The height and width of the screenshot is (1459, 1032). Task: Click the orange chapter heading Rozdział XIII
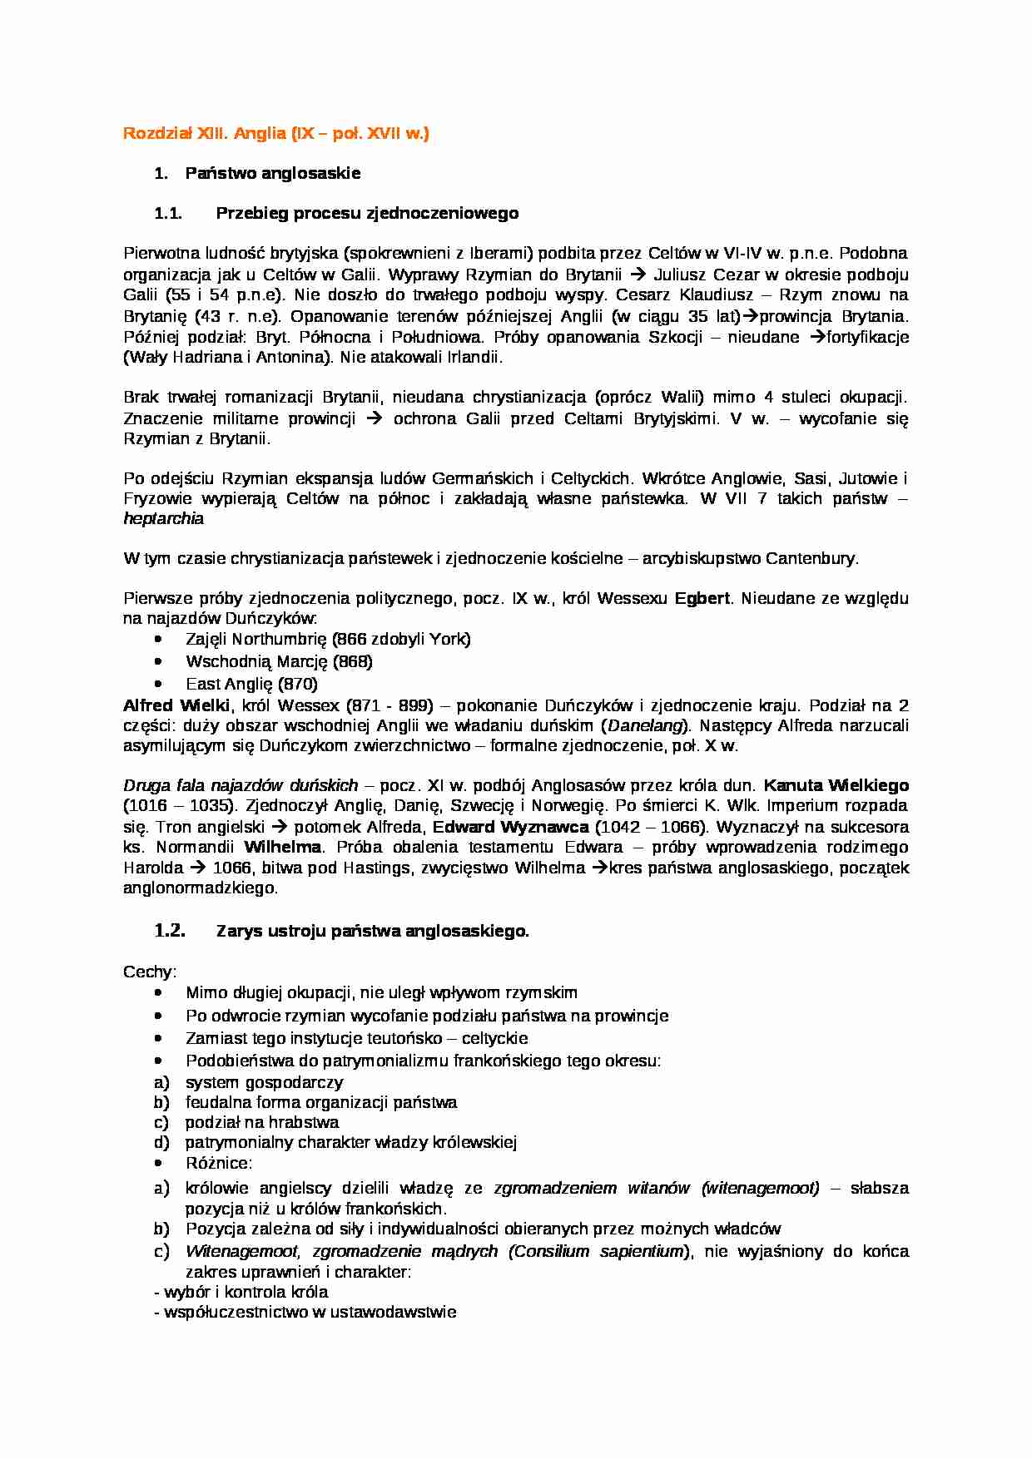(x=275, y=133)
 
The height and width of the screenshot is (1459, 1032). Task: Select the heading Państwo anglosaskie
(x=272, y=173)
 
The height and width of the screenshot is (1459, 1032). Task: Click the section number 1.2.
(x=170, y=931)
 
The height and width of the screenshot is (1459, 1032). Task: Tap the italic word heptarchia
(x=163, y=518)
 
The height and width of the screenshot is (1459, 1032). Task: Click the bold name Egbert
(x=702, y=598)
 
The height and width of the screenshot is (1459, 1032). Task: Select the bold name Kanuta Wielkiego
(x=836, y=785)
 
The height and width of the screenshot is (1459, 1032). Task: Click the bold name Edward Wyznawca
(x=510, y=827)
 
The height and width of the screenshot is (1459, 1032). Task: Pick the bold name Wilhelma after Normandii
(x=282, y=847)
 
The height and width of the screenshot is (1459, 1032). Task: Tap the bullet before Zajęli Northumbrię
(x=159, y=639)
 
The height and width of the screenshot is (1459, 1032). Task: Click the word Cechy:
(x=150, y=972)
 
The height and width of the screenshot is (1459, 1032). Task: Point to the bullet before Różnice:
(x=159, y=1163)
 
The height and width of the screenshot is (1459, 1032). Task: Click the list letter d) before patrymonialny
(x=161, y=1142)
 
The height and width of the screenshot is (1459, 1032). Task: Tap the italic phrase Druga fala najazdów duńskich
(x=241, y=785)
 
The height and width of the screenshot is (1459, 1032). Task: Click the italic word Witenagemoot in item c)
(x=241, y=1251)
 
